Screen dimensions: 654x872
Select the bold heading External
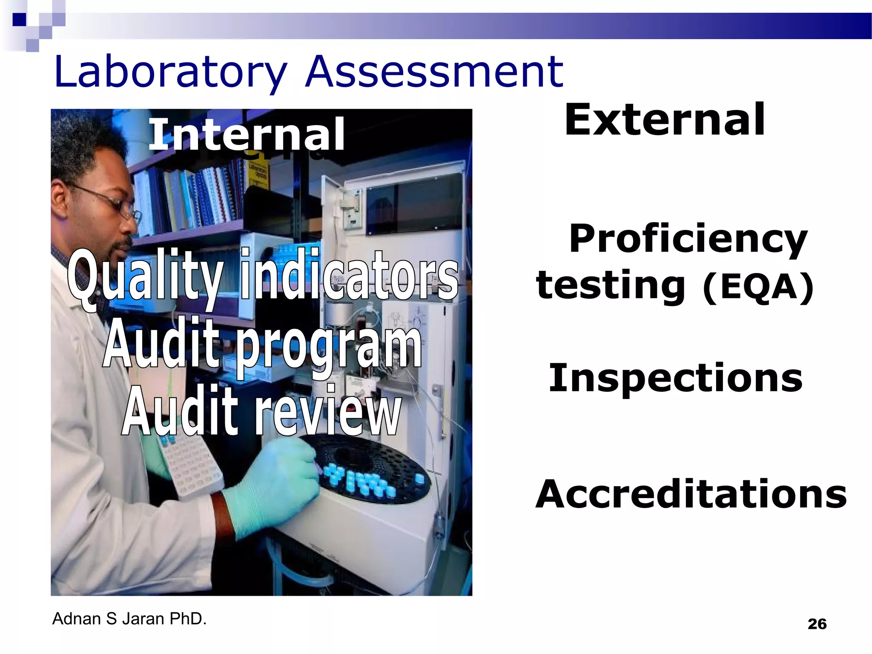point(665,120)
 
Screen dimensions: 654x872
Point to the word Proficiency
point(688,239)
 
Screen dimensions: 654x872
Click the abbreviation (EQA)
point(758,288)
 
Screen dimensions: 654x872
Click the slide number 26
point(817,624)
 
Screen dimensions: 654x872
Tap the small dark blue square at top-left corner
point(19,20)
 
